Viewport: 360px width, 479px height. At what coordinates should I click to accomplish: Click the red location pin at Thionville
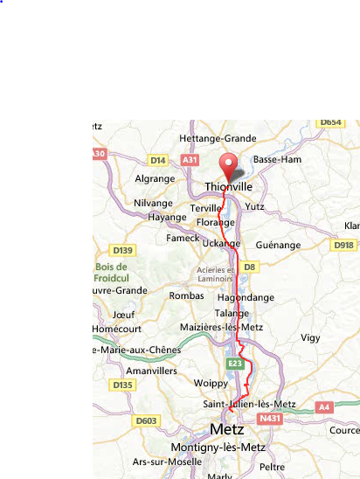click(229, 165)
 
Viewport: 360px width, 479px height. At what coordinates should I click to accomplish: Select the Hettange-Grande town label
click(218, 138)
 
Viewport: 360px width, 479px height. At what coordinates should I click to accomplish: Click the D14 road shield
click(158, 160)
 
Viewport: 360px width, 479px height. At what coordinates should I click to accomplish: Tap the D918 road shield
click(345, 246)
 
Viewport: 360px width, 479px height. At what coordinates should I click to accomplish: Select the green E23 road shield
click(234, 363)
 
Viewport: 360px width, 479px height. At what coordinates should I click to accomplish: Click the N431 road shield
click(270, 420)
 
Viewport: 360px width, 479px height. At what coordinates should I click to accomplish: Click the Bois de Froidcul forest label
click(114, 272)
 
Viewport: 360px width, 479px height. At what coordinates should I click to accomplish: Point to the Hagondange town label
click(246, 297)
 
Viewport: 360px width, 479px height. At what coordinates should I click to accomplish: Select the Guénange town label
click(280, 246)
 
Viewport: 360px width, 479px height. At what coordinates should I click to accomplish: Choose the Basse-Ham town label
click(277, 160)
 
